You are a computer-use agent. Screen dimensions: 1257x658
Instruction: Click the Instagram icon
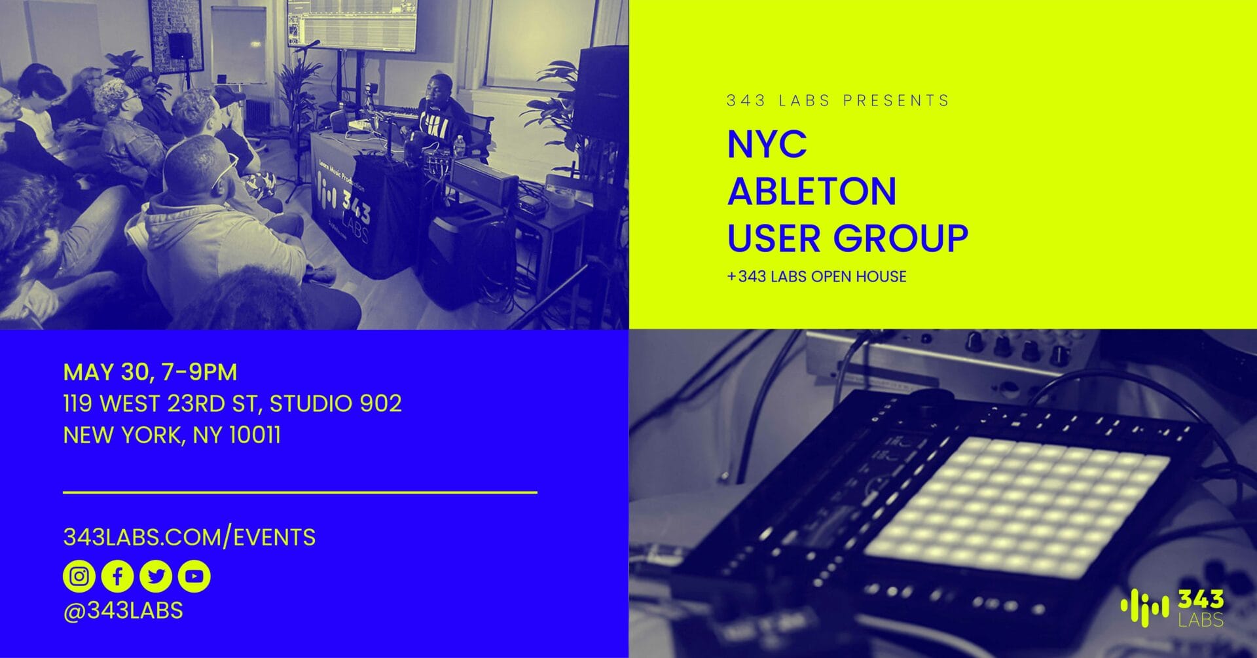(x=79, y=576)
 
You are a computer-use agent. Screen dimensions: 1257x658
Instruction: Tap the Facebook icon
(x=118, y=576)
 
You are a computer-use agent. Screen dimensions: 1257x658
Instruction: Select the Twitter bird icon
(x=156, y=576)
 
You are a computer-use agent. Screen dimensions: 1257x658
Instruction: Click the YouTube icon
(x=194, y=576)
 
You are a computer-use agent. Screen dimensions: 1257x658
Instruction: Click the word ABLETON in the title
(x=812, y=191)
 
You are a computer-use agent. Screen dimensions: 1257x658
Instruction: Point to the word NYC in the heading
(x=767, y=143)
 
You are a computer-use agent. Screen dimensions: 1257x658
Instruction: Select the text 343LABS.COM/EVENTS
(x=189, y=538)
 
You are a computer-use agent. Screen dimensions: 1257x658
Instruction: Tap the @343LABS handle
(x=123, y=610)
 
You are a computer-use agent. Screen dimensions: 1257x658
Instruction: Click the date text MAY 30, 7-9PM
(x=150, y=372)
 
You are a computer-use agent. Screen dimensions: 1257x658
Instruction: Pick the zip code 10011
(x=255, y=435)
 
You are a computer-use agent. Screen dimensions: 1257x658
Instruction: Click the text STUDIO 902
(x=336, y=404)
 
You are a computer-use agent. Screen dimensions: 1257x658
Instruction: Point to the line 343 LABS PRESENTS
(x=838, y=101)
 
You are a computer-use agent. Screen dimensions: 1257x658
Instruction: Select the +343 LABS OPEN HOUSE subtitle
(x=816, y=276)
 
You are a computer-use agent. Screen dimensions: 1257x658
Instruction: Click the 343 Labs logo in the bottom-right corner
(x=1172, y=608)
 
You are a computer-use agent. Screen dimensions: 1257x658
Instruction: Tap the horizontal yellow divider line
(x=300, y=492)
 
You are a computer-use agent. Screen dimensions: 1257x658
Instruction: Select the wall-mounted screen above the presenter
(x=352, y=25)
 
